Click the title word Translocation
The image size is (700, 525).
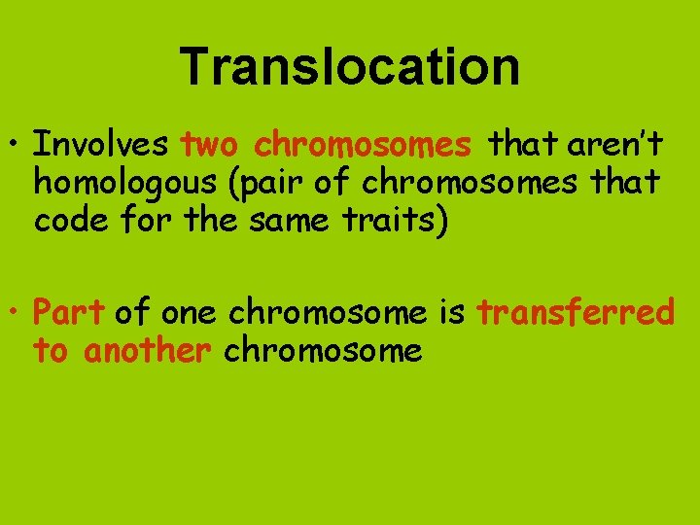pyautogui.click(x=350, y=67)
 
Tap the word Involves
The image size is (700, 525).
pyautogui.click(x=101, y=145)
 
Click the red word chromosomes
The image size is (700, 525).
pyautogui.click(x=362, y=145)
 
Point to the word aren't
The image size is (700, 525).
pyautogui.click(x=613, y=145)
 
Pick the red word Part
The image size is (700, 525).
pyautogui.click(x=68, y=312)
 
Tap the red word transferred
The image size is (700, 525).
pyautogui.click(x=576, y=312)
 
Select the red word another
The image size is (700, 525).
pyautogui.click(x=147, y=349)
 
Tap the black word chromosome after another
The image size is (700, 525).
pyautogui.click(x=323, y=349)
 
